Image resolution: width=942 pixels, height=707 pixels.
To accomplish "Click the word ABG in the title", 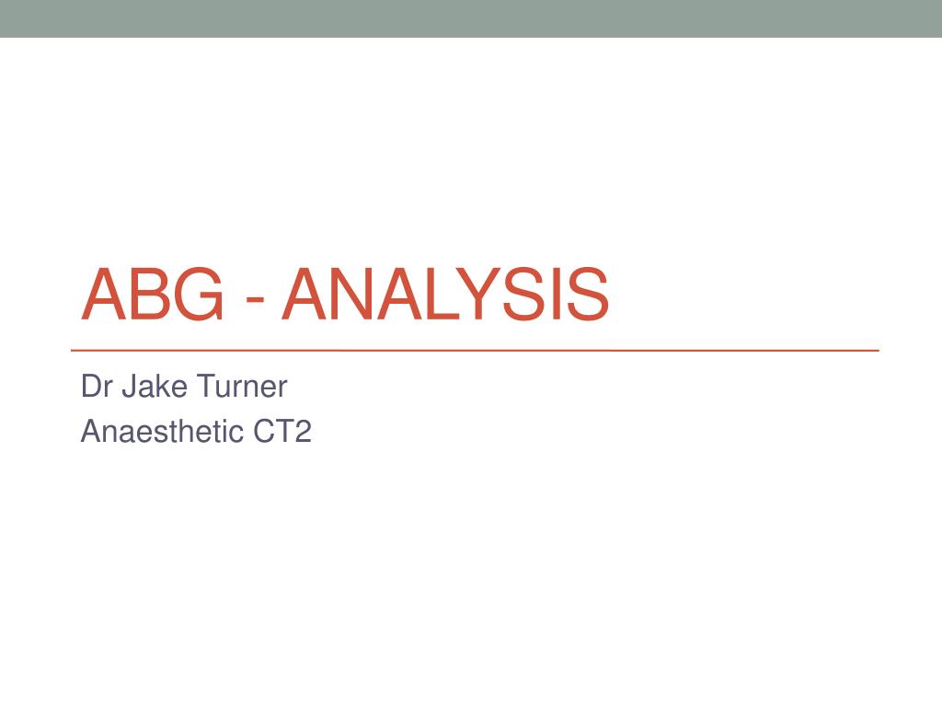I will [152, 295].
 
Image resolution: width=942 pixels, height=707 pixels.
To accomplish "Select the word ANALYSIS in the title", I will [445, 295].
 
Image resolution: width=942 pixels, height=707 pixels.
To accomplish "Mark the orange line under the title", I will [475, 351].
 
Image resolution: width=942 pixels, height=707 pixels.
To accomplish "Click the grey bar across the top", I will [471, 18].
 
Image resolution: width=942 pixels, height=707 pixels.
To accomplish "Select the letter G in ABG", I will [199, 295].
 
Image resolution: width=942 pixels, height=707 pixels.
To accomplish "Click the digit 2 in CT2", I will [303, 431].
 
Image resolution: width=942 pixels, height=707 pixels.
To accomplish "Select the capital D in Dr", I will [89, 387].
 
